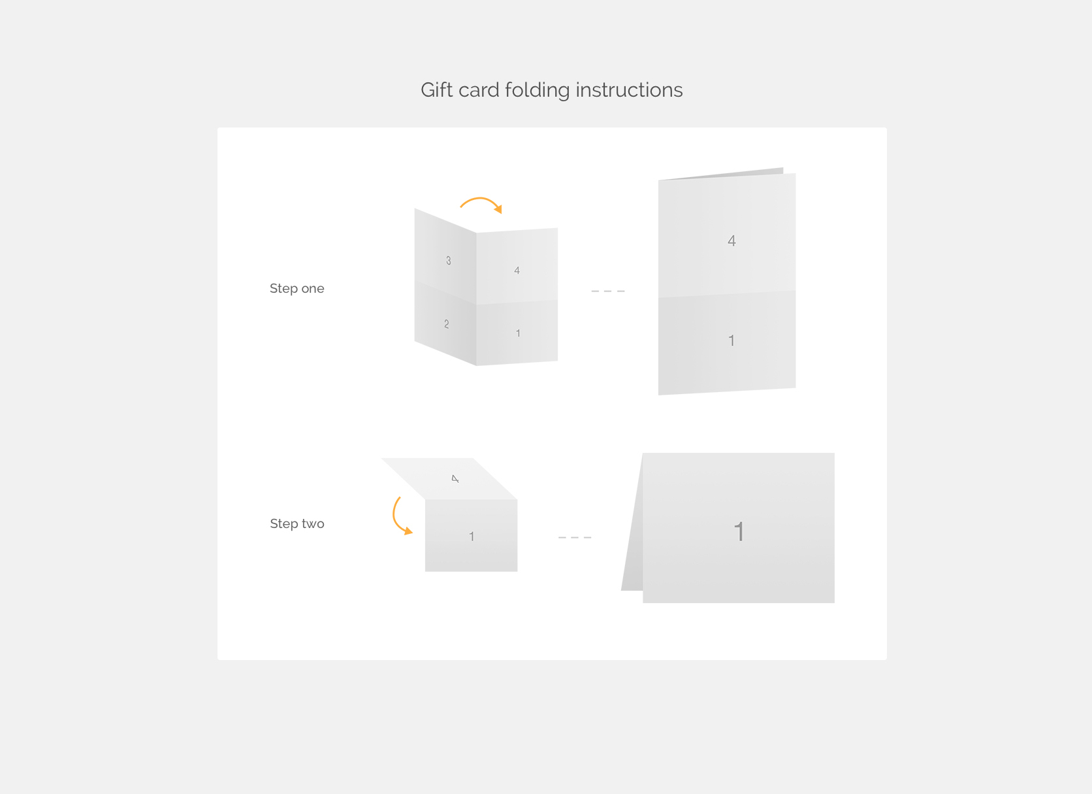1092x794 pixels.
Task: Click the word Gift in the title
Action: pos(437,90)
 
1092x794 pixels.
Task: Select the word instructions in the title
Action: pos(629,90)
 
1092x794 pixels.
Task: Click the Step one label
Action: pos(297,289)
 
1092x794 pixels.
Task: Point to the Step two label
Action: pos(297,524)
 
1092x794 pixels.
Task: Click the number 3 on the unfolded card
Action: pos(449,261)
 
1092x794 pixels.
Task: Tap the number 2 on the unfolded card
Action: pos(447,324)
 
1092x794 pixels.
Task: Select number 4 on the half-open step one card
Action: pos(517,270)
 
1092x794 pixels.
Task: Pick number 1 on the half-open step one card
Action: pos(518,333)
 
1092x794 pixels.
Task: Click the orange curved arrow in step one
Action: pos(480,199)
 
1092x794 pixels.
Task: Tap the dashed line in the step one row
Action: pos(607,291)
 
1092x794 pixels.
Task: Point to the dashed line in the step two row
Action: pos(574,537)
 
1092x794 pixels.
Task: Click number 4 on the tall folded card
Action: pos(731,240)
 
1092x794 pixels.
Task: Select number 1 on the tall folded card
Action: pos(731,340)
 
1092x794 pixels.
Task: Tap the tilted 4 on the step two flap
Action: pos(455,479)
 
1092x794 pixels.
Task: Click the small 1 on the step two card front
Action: pos(472,537)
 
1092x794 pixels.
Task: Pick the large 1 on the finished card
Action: pos(739,531)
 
